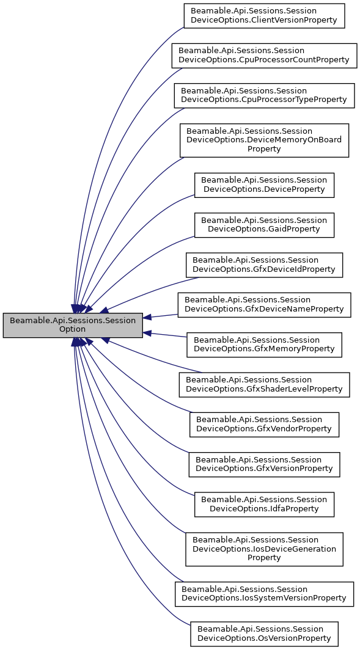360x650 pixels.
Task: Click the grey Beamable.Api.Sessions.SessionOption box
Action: tap(73, 325)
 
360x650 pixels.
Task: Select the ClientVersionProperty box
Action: tap(264, 15)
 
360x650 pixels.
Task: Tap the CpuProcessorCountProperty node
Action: tap(264, 55)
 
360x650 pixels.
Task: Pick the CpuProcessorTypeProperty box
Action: tap(264, 95)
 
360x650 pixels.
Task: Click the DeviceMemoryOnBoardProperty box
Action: tap(264, 140)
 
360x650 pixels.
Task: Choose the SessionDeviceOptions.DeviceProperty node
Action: tap(264, 184)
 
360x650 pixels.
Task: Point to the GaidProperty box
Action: tap(264, 225)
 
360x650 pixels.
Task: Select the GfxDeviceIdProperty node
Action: tap(264, 265)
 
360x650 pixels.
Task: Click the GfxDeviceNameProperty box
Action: tap(264, 304)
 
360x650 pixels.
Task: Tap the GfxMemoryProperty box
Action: tap(264, 345)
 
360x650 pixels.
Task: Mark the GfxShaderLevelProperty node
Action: tap(264, 384)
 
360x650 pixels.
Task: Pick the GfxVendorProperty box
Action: tap(264, 424)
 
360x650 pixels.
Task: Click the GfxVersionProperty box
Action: tap(264, 464)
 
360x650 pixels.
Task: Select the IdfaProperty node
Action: tap(264, 504)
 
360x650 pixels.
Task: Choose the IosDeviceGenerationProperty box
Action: tap(264, 549)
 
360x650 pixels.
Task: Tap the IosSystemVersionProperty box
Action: tap(264, 593)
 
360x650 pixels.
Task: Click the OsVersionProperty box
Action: tap(264, 634)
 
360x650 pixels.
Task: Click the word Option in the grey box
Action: tap(73, 329)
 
